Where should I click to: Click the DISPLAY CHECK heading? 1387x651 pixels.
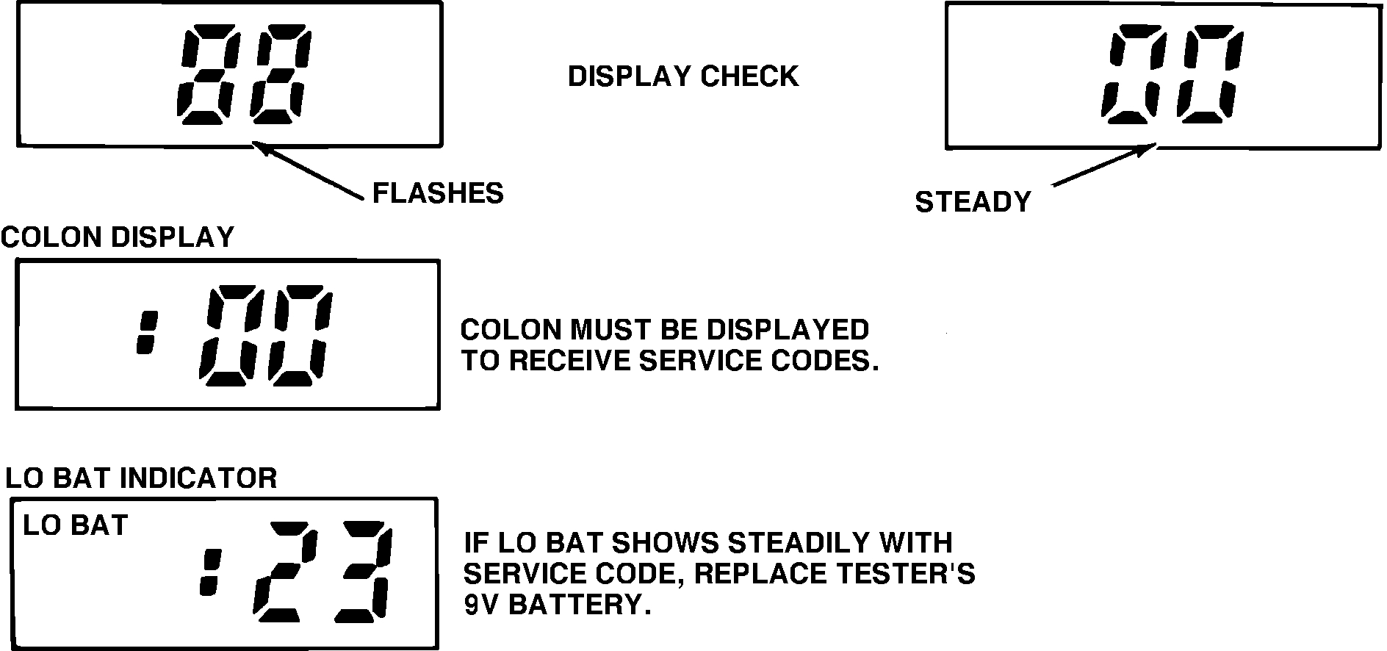[x=682, y=76]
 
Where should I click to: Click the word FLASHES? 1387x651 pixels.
[x=438, y=193]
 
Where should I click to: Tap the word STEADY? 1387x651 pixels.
[x=973, y=202]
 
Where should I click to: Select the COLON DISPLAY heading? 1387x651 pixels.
[x=118, y=237]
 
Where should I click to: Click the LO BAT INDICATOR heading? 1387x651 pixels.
[x=141, y=478]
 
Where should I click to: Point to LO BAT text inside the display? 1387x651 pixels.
[x=76, y=526]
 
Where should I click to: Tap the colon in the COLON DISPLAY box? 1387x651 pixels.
[x=147, y=334]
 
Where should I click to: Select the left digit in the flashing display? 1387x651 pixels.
[x=203, y=75]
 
